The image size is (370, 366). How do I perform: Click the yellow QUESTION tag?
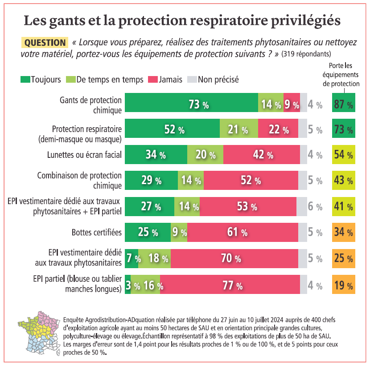click(45, 43)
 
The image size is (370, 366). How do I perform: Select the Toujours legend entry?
click(41, 80)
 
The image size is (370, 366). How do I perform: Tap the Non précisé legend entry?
click(213, 80)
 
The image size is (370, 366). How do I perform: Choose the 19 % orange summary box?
click(343, 285)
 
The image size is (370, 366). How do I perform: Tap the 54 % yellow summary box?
click(343, 155)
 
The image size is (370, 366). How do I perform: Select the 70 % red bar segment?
click(234, 258)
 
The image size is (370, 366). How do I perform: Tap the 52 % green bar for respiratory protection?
click(172, 130)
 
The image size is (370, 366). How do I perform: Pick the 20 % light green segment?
click(205, 155)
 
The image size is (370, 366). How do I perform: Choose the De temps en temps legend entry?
click(105, 80)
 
